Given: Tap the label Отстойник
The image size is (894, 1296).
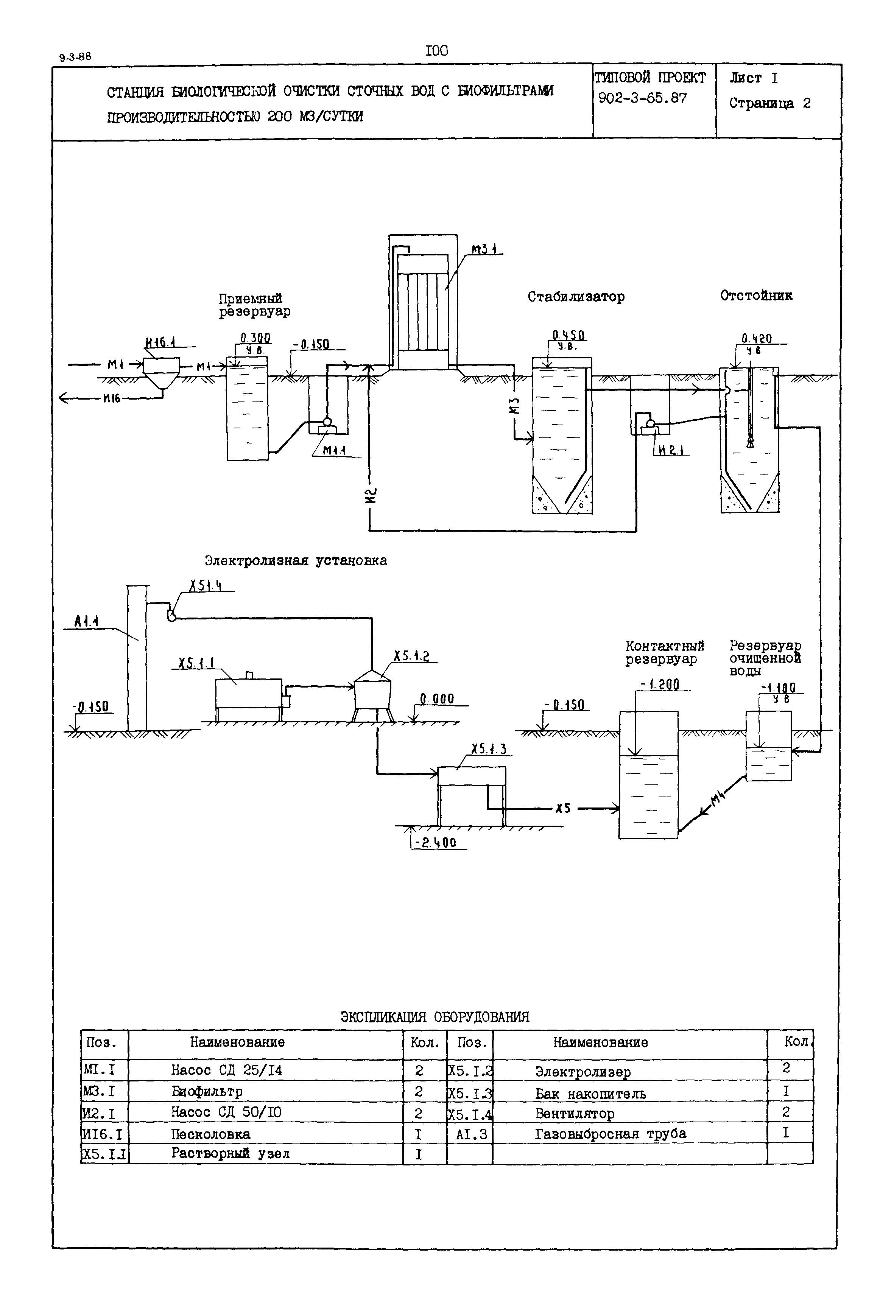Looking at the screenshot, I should point(756,296).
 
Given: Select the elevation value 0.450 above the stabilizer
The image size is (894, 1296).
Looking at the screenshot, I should point(569,336).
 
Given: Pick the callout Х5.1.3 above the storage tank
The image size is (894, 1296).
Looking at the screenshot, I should point(489,749).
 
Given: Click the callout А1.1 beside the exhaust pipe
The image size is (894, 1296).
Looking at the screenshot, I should point(86,621).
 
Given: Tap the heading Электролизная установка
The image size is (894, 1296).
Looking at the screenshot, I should point(295,561).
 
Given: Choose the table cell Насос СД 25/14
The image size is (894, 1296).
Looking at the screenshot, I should point(226,1070).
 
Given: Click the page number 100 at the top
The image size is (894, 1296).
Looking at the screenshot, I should point(437,51).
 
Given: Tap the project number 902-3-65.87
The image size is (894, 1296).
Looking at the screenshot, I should point(643,99).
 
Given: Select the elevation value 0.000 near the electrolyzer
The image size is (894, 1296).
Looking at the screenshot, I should point(437,699).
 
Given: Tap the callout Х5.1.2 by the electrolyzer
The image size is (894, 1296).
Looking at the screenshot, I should point(411,656).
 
